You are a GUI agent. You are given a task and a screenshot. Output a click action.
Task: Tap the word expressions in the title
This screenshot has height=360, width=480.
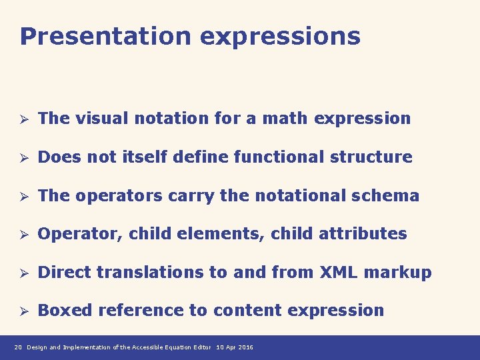tap(280, 37)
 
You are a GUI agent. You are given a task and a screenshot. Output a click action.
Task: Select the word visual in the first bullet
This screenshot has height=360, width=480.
tap(103, 119)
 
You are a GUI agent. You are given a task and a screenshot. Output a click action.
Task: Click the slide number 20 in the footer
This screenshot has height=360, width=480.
tap(18, 347)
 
